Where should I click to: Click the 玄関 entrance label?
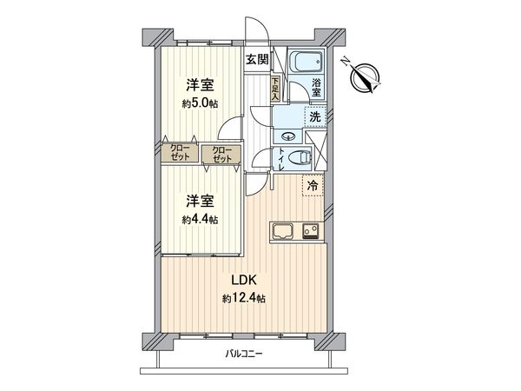(x=257, y=59)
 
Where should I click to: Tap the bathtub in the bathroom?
(x=305, y=63)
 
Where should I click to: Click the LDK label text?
(x=243, y=281)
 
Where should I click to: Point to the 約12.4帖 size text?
(x=243, y=298)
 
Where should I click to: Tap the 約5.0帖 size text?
(x=200, y=103)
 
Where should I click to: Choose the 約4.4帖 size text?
(x=200, y=220)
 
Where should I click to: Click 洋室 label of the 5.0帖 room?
(x=200, y=86)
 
